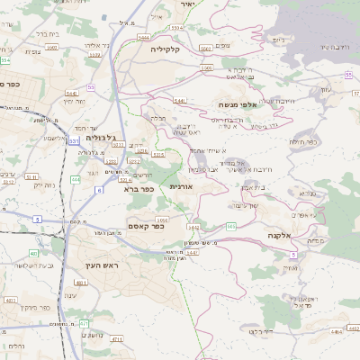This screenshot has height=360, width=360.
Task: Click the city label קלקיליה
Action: [x=166, y=49]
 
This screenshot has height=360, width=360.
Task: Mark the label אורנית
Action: [x=183, y=186]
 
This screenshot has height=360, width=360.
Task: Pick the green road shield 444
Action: [x=76, y=179]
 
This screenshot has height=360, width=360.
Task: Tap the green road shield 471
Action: [x=84, y=323]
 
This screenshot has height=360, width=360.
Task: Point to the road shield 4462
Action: [x=12, y=300]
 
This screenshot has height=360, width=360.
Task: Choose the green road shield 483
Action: [x=33, y=254]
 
